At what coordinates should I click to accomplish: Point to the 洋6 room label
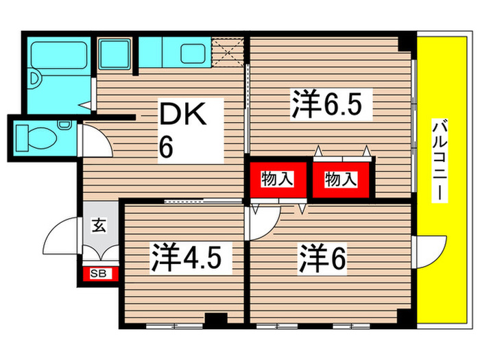click(x=321, y=259)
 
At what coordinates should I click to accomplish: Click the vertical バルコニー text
click(x=439, y=160)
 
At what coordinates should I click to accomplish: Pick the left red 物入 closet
click(x=277, y=180)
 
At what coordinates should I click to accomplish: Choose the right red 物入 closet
click(x=341, y=180)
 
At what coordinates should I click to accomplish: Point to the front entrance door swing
click(x=63, y=237)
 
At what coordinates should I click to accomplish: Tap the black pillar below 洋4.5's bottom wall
click(x=216, y=319)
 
